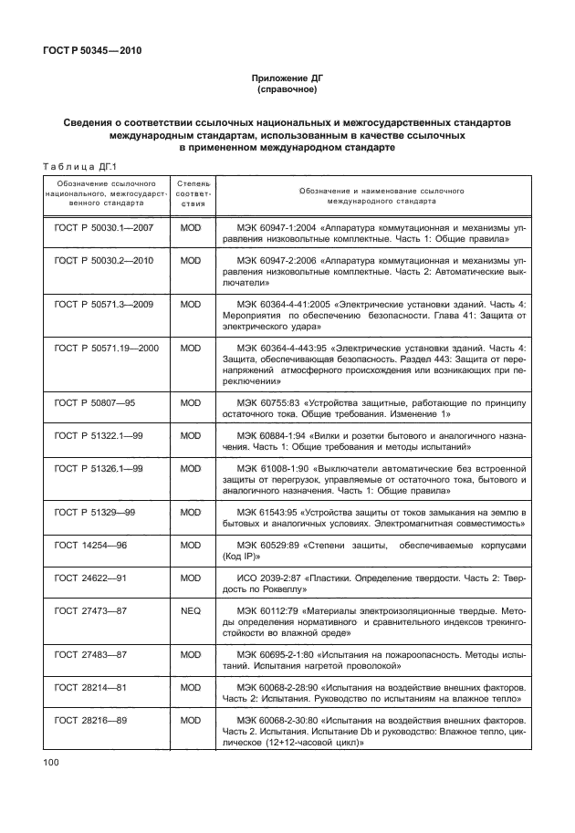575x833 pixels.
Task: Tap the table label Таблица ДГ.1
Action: click(x=83, y=165)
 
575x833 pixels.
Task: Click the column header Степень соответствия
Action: click(x=191, y=196)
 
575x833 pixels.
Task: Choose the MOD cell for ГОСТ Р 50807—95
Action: click(x=191, y=402)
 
